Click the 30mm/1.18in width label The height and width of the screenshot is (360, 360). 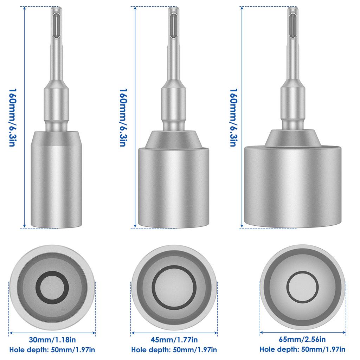(x=52, y=340)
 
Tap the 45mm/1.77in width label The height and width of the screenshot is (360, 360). (x=174, y=340)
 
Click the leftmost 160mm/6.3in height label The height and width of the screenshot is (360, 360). (x=11, y=117)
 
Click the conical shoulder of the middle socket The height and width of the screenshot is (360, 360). (x=174, y=139)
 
